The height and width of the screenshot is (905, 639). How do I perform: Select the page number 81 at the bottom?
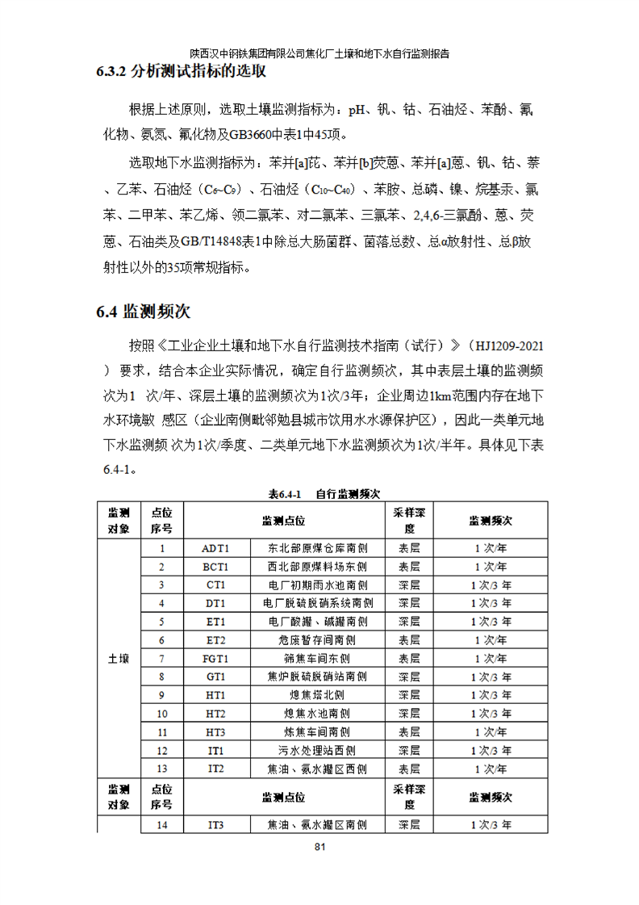(x=319, y=847)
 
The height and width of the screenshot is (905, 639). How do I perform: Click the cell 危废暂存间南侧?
(x=318, y=640)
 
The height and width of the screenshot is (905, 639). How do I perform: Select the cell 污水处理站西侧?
(x=318, y=751)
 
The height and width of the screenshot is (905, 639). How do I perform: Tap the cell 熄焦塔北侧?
(x=318, y=695)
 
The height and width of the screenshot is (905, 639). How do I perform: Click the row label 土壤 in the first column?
(x=119, y=659)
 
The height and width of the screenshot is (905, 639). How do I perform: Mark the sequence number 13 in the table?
(x=161, y=769)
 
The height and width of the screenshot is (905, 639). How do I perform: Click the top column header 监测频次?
(x=491, y=521)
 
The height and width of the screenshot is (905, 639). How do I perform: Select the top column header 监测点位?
(x=283, y=521)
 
